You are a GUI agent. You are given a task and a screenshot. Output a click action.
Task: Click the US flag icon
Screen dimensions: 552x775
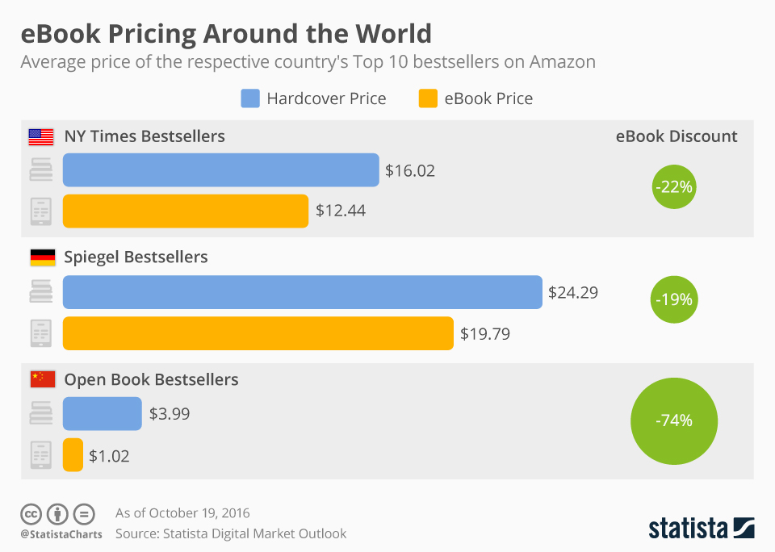(x=41, y=136)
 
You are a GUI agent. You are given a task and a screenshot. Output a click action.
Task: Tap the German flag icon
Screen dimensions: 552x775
(x=41, y=257)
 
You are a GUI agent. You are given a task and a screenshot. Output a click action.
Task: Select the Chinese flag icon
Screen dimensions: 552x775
(x=41, y=379)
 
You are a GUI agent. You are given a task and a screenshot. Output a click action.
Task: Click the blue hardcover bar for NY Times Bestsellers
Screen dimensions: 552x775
(x=220, y=170)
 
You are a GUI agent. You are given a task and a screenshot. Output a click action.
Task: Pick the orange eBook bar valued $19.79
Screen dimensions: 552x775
(x=258, y=333)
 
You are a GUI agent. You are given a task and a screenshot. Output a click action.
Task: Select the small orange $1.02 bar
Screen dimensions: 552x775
(x=73, y=455)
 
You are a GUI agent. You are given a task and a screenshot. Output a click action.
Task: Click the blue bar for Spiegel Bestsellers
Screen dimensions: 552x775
(x=302, y=292)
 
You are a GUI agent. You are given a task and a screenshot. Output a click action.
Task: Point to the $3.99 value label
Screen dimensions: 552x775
(x=170, y=414)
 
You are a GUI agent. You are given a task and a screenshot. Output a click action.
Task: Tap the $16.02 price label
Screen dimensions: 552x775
(x=409, y=171)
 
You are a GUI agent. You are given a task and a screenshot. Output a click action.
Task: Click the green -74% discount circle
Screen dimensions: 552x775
(x=673, y=420)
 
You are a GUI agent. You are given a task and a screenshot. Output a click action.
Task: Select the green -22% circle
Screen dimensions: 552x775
(x=673, y=187)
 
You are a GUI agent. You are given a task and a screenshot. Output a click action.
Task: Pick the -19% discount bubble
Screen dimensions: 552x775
(x=673, y=299)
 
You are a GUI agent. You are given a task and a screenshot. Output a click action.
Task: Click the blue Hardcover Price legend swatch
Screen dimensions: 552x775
(x=250, y=99)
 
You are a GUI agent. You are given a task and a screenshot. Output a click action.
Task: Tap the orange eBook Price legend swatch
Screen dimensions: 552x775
(x=428, y=99)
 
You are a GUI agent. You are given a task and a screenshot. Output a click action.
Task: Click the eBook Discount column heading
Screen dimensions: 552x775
(x=677, y=136)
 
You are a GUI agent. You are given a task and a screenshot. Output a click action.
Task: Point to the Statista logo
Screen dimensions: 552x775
(x=701, y=529)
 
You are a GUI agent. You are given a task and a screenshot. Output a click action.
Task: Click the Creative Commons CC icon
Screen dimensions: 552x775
(x=31, y=513)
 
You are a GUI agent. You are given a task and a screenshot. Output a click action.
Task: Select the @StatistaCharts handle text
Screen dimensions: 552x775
(x=61, y=534)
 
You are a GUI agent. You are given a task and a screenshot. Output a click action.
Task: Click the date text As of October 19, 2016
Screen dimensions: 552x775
(x=182, y=513)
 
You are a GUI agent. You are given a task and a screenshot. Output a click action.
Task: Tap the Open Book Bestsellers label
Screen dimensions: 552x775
(x=151, y=379)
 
